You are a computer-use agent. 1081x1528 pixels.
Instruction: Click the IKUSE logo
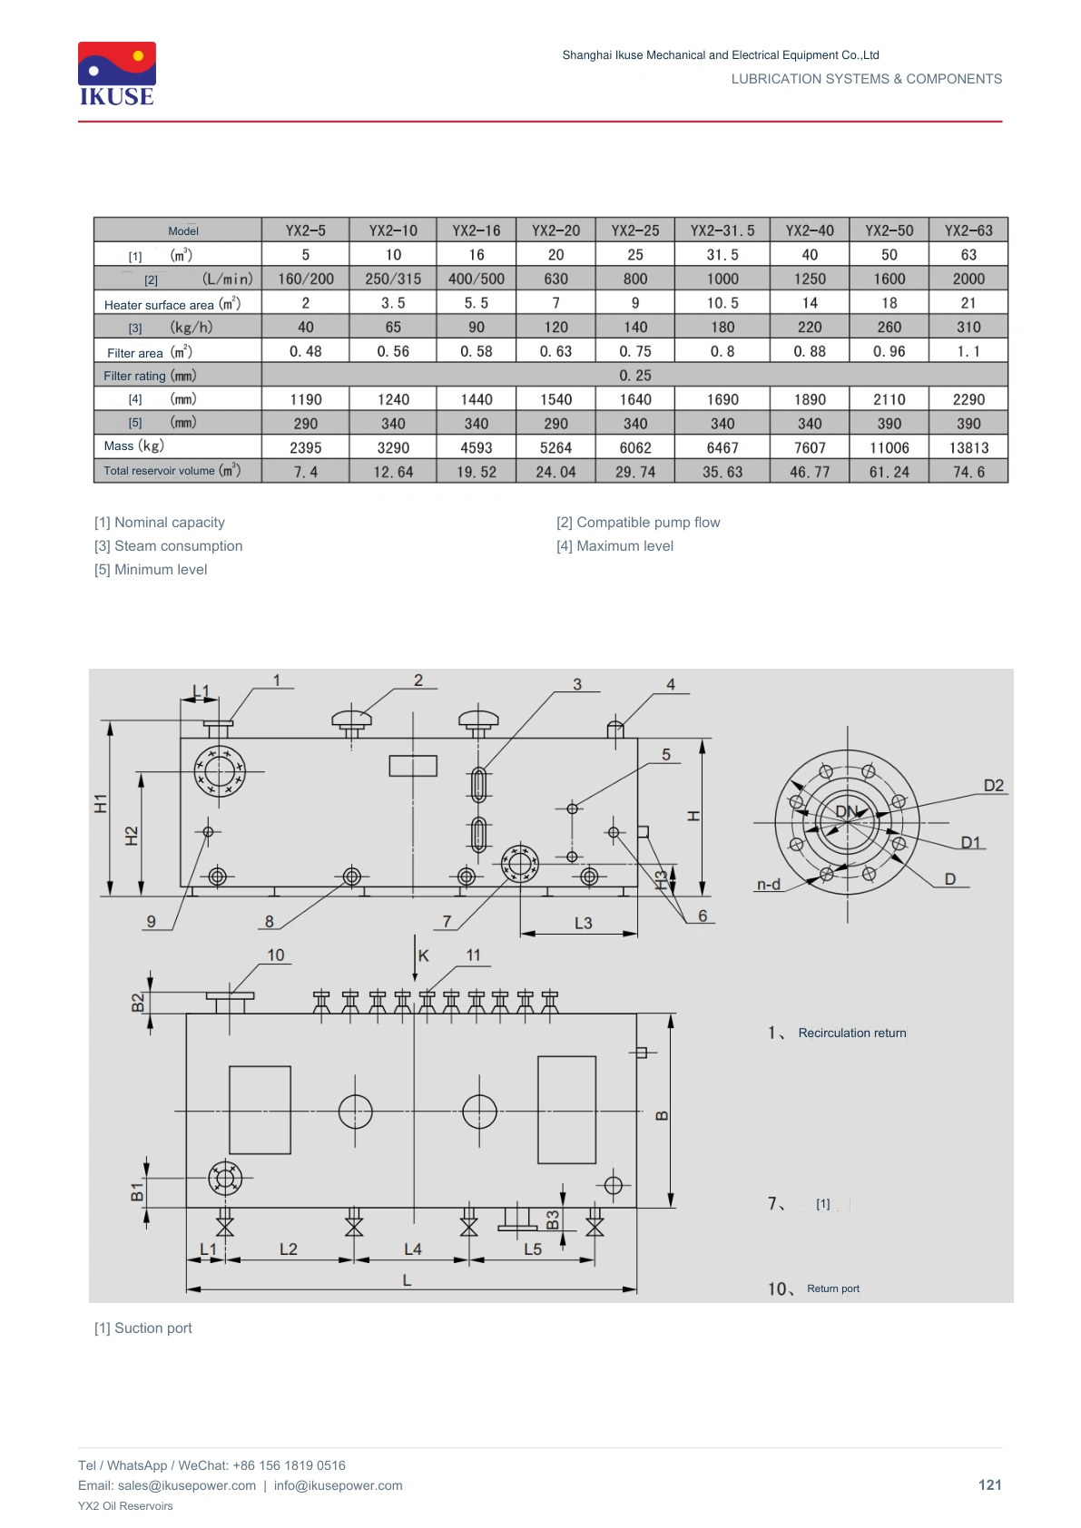pyautogui.click(x=117, y=73)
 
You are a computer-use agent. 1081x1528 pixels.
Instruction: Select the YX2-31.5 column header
pyautogui.click(x=722, y=230)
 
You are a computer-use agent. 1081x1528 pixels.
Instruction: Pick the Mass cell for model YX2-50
pyautogui.click(x=889, y=447)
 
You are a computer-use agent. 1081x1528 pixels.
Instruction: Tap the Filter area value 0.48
pyautogui.click(x=305, y=351)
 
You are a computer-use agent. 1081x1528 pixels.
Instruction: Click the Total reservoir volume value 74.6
pyautogui.click(x=968, y=471)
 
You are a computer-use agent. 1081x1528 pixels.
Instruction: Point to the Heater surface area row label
pyautogui.click(x=172, y=304)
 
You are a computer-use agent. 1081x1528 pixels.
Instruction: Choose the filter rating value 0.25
pyautogui.click(x=634, y=375)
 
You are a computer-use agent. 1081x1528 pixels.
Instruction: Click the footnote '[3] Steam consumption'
pyautogui.click(x=168, y=545)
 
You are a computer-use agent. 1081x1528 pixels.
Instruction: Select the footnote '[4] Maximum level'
pyautogui.click(x=614, y=545)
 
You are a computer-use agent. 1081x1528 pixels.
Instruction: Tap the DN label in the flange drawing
pyautogui.click(x=846, y=811)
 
